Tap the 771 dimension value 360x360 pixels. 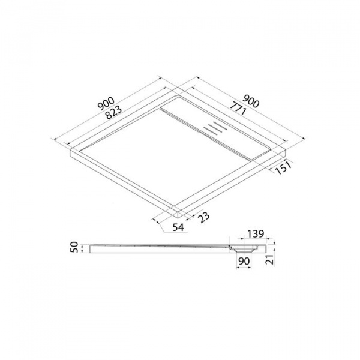tap(238, 109)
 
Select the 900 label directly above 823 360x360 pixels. tap(106, 104)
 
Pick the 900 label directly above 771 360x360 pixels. tap(251, 101)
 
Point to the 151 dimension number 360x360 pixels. tap(283, 168)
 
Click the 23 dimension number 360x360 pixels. tap(203, 217)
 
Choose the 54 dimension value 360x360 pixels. tap(178, 227)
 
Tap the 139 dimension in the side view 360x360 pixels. tap(256, 234)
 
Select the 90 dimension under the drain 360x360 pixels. tap(244, 261)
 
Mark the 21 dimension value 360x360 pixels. tap(270, 259)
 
